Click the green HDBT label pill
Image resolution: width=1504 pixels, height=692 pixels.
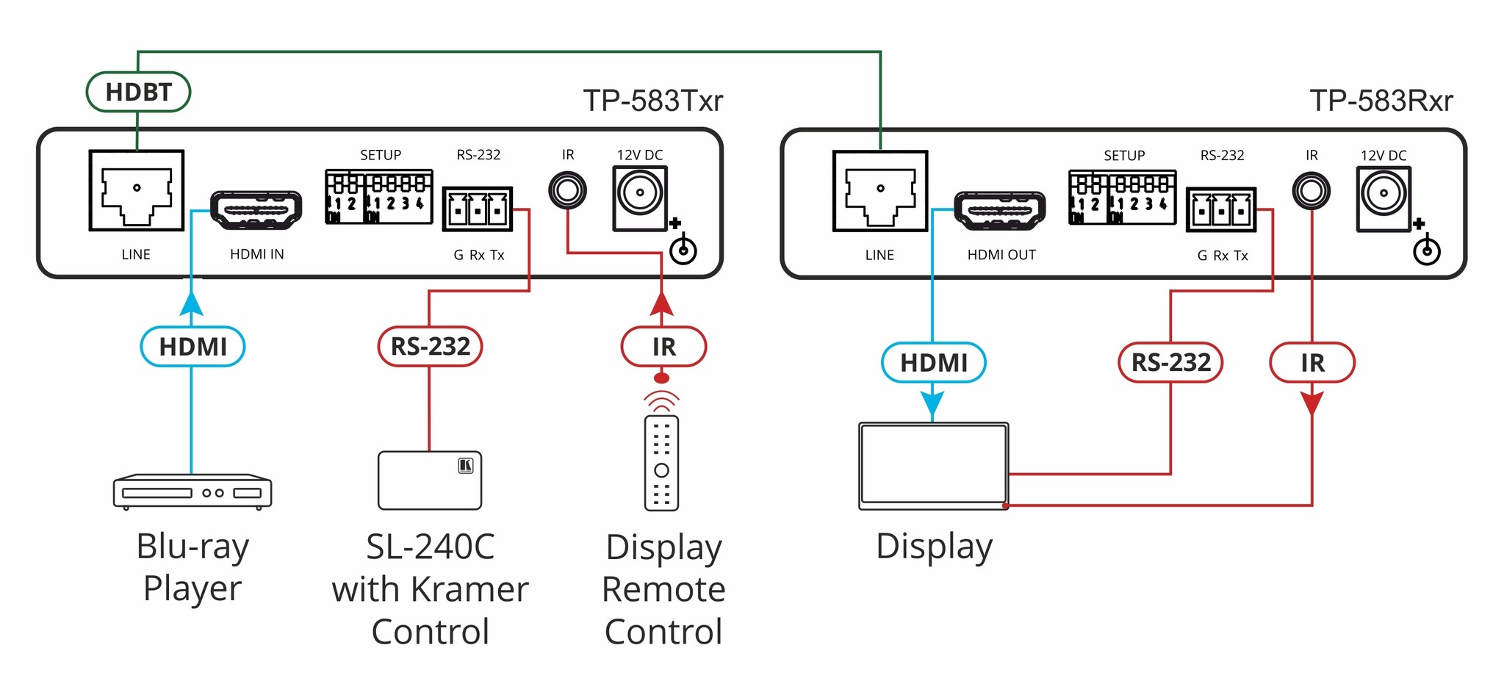(138, 92)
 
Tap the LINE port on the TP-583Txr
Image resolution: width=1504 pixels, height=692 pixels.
(137, 190)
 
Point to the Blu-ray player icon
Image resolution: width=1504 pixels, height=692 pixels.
(193, 492)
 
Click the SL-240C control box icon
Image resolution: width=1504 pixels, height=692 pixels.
(430, 480)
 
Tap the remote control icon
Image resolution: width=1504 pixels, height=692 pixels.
(661, 463)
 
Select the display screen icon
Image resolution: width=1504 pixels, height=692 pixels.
(933, 466)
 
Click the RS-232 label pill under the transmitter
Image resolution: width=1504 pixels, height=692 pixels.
(430, 346)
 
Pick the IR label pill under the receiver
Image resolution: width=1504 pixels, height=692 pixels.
(1312, 362)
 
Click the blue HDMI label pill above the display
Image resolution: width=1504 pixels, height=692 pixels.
(933, 362)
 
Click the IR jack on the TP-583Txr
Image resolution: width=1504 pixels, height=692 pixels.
(567, 191)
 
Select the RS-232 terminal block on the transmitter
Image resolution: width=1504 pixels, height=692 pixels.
(478, 209)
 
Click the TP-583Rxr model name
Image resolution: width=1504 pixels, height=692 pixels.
(1381, 101)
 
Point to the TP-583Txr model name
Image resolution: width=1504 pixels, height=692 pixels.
(653, 101)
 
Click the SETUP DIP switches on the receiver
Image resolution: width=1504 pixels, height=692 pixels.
(1122, 197)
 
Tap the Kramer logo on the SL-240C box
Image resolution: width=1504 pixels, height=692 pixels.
(466, 465)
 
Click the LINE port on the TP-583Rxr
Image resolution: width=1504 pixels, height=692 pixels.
(880, 191)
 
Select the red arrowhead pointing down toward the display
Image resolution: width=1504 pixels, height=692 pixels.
(1312, 403)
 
